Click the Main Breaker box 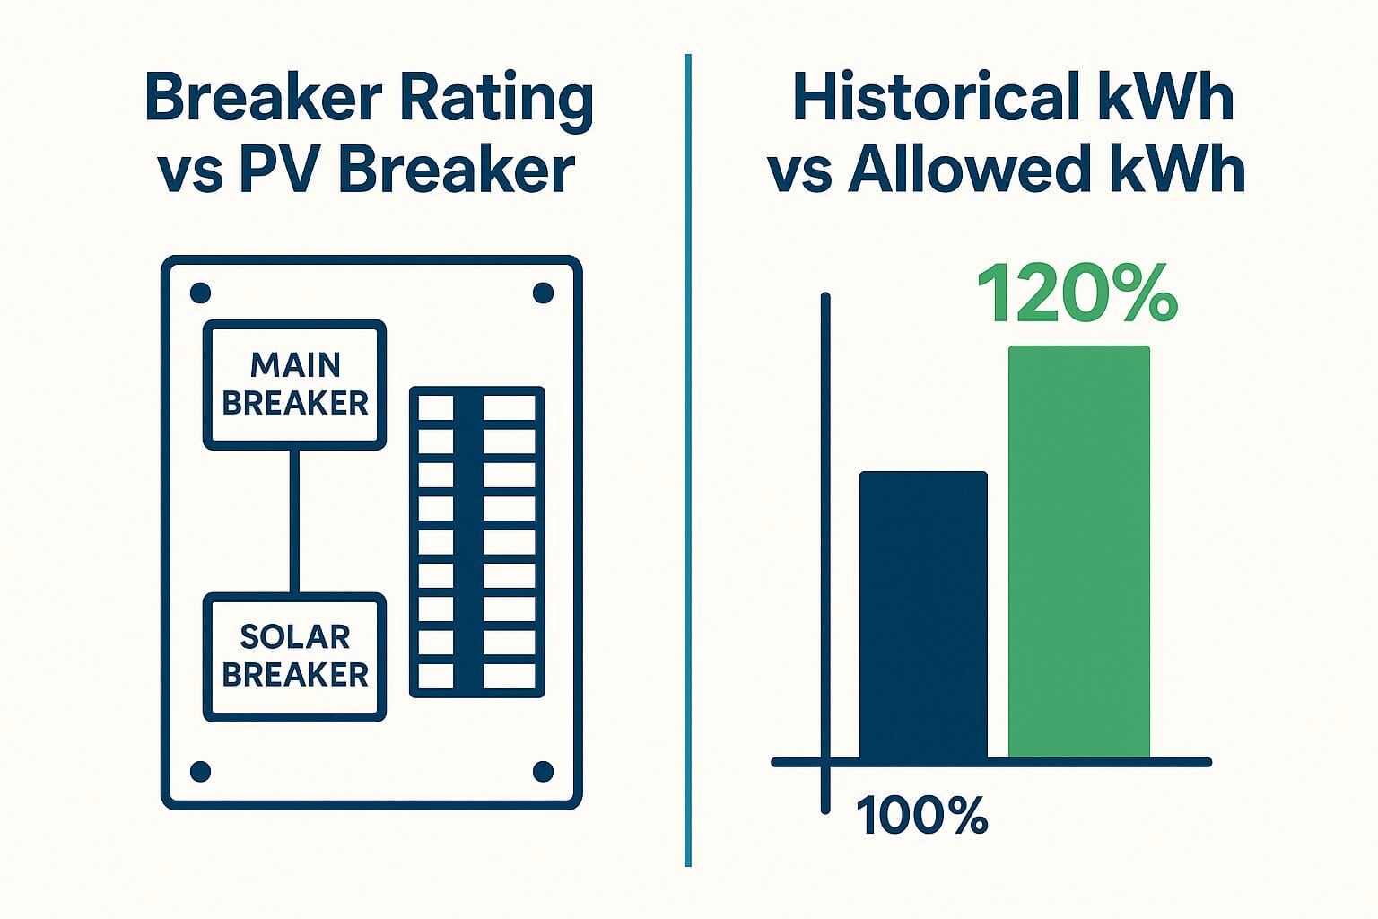295,384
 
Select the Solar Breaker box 295,656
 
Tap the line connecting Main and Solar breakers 294,521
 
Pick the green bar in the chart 1078,552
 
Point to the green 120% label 1077,293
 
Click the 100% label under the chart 922,816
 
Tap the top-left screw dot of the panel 201,293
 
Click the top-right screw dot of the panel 543,293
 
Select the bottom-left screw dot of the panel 201,771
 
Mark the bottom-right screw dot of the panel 543,771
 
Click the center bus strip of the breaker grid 468,542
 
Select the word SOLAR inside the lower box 295,637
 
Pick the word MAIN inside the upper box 295,365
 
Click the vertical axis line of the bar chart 825,538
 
